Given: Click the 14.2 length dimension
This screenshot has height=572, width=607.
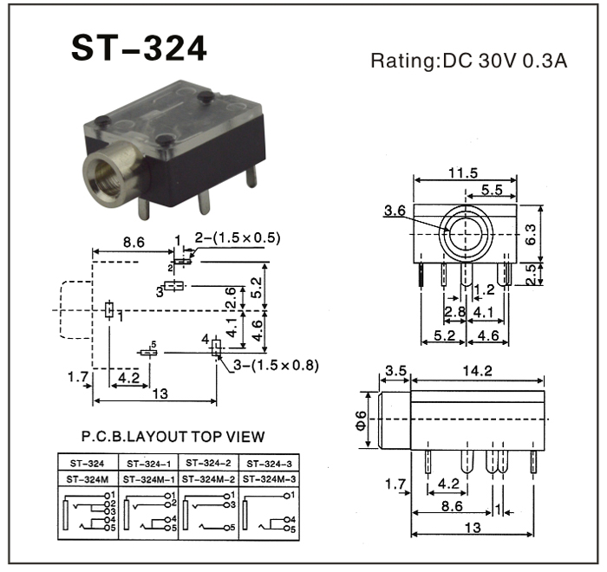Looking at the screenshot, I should point(478,373).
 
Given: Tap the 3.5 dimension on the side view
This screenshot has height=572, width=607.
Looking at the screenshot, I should point(395,373).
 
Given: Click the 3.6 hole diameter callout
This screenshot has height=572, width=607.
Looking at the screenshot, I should point(395,210).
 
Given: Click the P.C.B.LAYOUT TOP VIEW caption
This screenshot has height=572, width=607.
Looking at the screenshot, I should point(173,437).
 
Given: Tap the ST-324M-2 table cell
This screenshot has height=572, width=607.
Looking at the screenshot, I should point(208,478).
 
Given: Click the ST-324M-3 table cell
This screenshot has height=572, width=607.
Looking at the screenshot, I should point(270,478).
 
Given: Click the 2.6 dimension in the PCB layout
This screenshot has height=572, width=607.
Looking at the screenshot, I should point(230,298).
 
